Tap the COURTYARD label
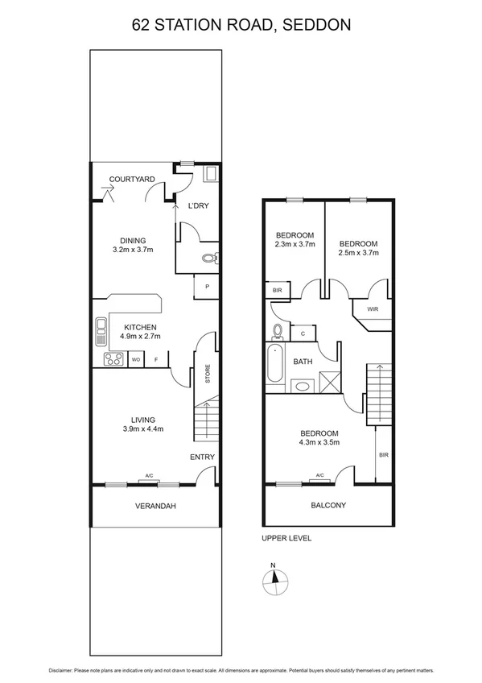(132, 179)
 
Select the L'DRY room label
(198, 206)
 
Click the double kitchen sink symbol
(101, 327)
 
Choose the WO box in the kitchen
(136, 359)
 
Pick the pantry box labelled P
(207, 287)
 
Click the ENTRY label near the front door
(202, 457)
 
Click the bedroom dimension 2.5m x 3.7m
(358, 253)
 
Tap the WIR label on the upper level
(373, 308)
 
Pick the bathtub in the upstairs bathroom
(274, 362)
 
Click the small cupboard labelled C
(303, 333)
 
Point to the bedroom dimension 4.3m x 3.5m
(319, 442)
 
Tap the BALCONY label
(328, 506)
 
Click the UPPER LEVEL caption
(286, 538)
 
